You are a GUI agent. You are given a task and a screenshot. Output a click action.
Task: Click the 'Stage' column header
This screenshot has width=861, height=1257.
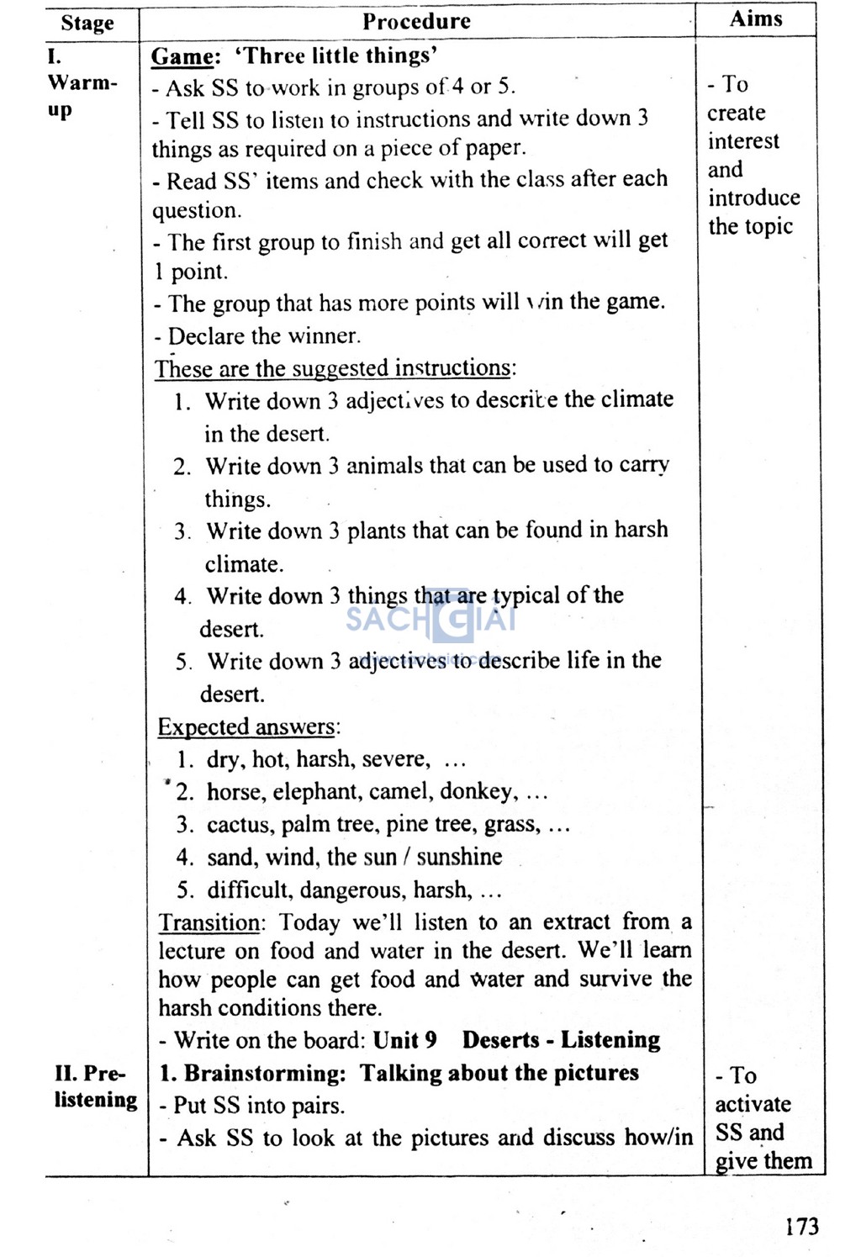coord(87,23)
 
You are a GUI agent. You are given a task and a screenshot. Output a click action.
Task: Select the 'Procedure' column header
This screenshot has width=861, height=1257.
coord(416,21)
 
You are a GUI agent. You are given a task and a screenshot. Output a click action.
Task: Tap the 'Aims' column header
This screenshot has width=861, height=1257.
coord(756,18)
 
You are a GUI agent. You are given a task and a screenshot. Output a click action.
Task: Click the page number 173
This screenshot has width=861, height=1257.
coord(801,1227)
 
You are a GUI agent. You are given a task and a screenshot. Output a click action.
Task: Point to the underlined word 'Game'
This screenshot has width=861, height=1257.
coord(182,56)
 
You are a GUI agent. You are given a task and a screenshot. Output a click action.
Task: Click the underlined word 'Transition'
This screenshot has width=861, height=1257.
coord(209,922)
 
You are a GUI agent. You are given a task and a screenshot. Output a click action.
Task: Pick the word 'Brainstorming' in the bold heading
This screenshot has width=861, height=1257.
coord(265,1073)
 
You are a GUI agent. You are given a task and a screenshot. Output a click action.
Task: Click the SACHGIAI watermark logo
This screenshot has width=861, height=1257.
coord(430,618)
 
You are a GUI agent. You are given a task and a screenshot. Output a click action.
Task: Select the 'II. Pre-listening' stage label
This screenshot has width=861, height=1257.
coord(94,1086)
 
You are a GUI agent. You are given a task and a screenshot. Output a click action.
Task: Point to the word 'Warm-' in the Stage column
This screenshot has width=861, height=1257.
coord(82,83)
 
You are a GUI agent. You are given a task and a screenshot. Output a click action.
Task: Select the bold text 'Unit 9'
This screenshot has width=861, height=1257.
coord(404,1040)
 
